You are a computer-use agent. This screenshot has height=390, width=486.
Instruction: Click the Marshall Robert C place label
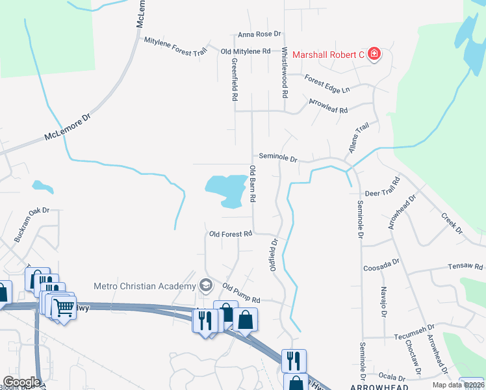[328, 55]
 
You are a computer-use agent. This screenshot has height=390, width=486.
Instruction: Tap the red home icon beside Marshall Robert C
[374, 54]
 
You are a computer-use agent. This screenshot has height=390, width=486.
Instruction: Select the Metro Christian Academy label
[144, 286]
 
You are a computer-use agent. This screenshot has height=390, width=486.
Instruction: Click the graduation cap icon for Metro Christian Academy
[206, 285]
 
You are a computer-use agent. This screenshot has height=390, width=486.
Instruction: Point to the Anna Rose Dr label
[259, 34]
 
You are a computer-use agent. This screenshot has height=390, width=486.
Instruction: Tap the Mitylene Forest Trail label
[175, 45]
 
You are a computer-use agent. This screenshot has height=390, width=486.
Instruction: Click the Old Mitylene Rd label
[246, 51]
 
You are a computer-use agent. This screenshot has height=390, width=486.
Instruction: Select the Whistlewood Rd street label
[285, 72]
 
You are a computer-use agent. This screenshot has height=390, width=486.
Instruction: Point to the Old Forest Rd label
[231, 234]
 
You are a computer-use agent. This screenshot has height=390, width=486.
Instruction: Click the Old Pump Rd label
[241, 294]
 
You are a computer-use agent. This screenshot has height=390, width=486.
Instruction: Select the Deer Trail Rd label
[382, 193]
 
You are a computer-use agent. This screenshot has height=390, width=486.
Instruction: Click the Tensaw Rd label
[465, 266]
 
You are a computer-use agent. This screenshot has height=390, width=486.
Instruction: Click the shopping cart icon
[64, 308]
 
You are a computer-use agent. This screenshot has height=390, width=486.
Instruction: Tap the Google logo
[22, 382]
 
